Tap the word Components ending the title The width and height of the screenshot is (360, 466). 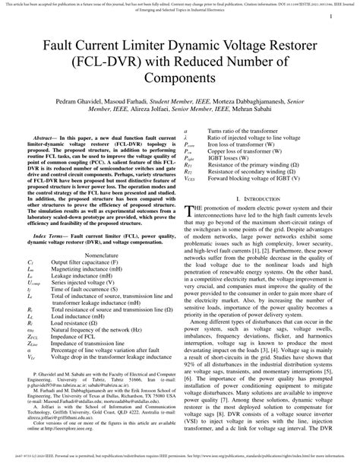(179, 78)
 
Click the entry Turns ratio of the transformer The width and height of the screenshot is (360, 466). (241, 131)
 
